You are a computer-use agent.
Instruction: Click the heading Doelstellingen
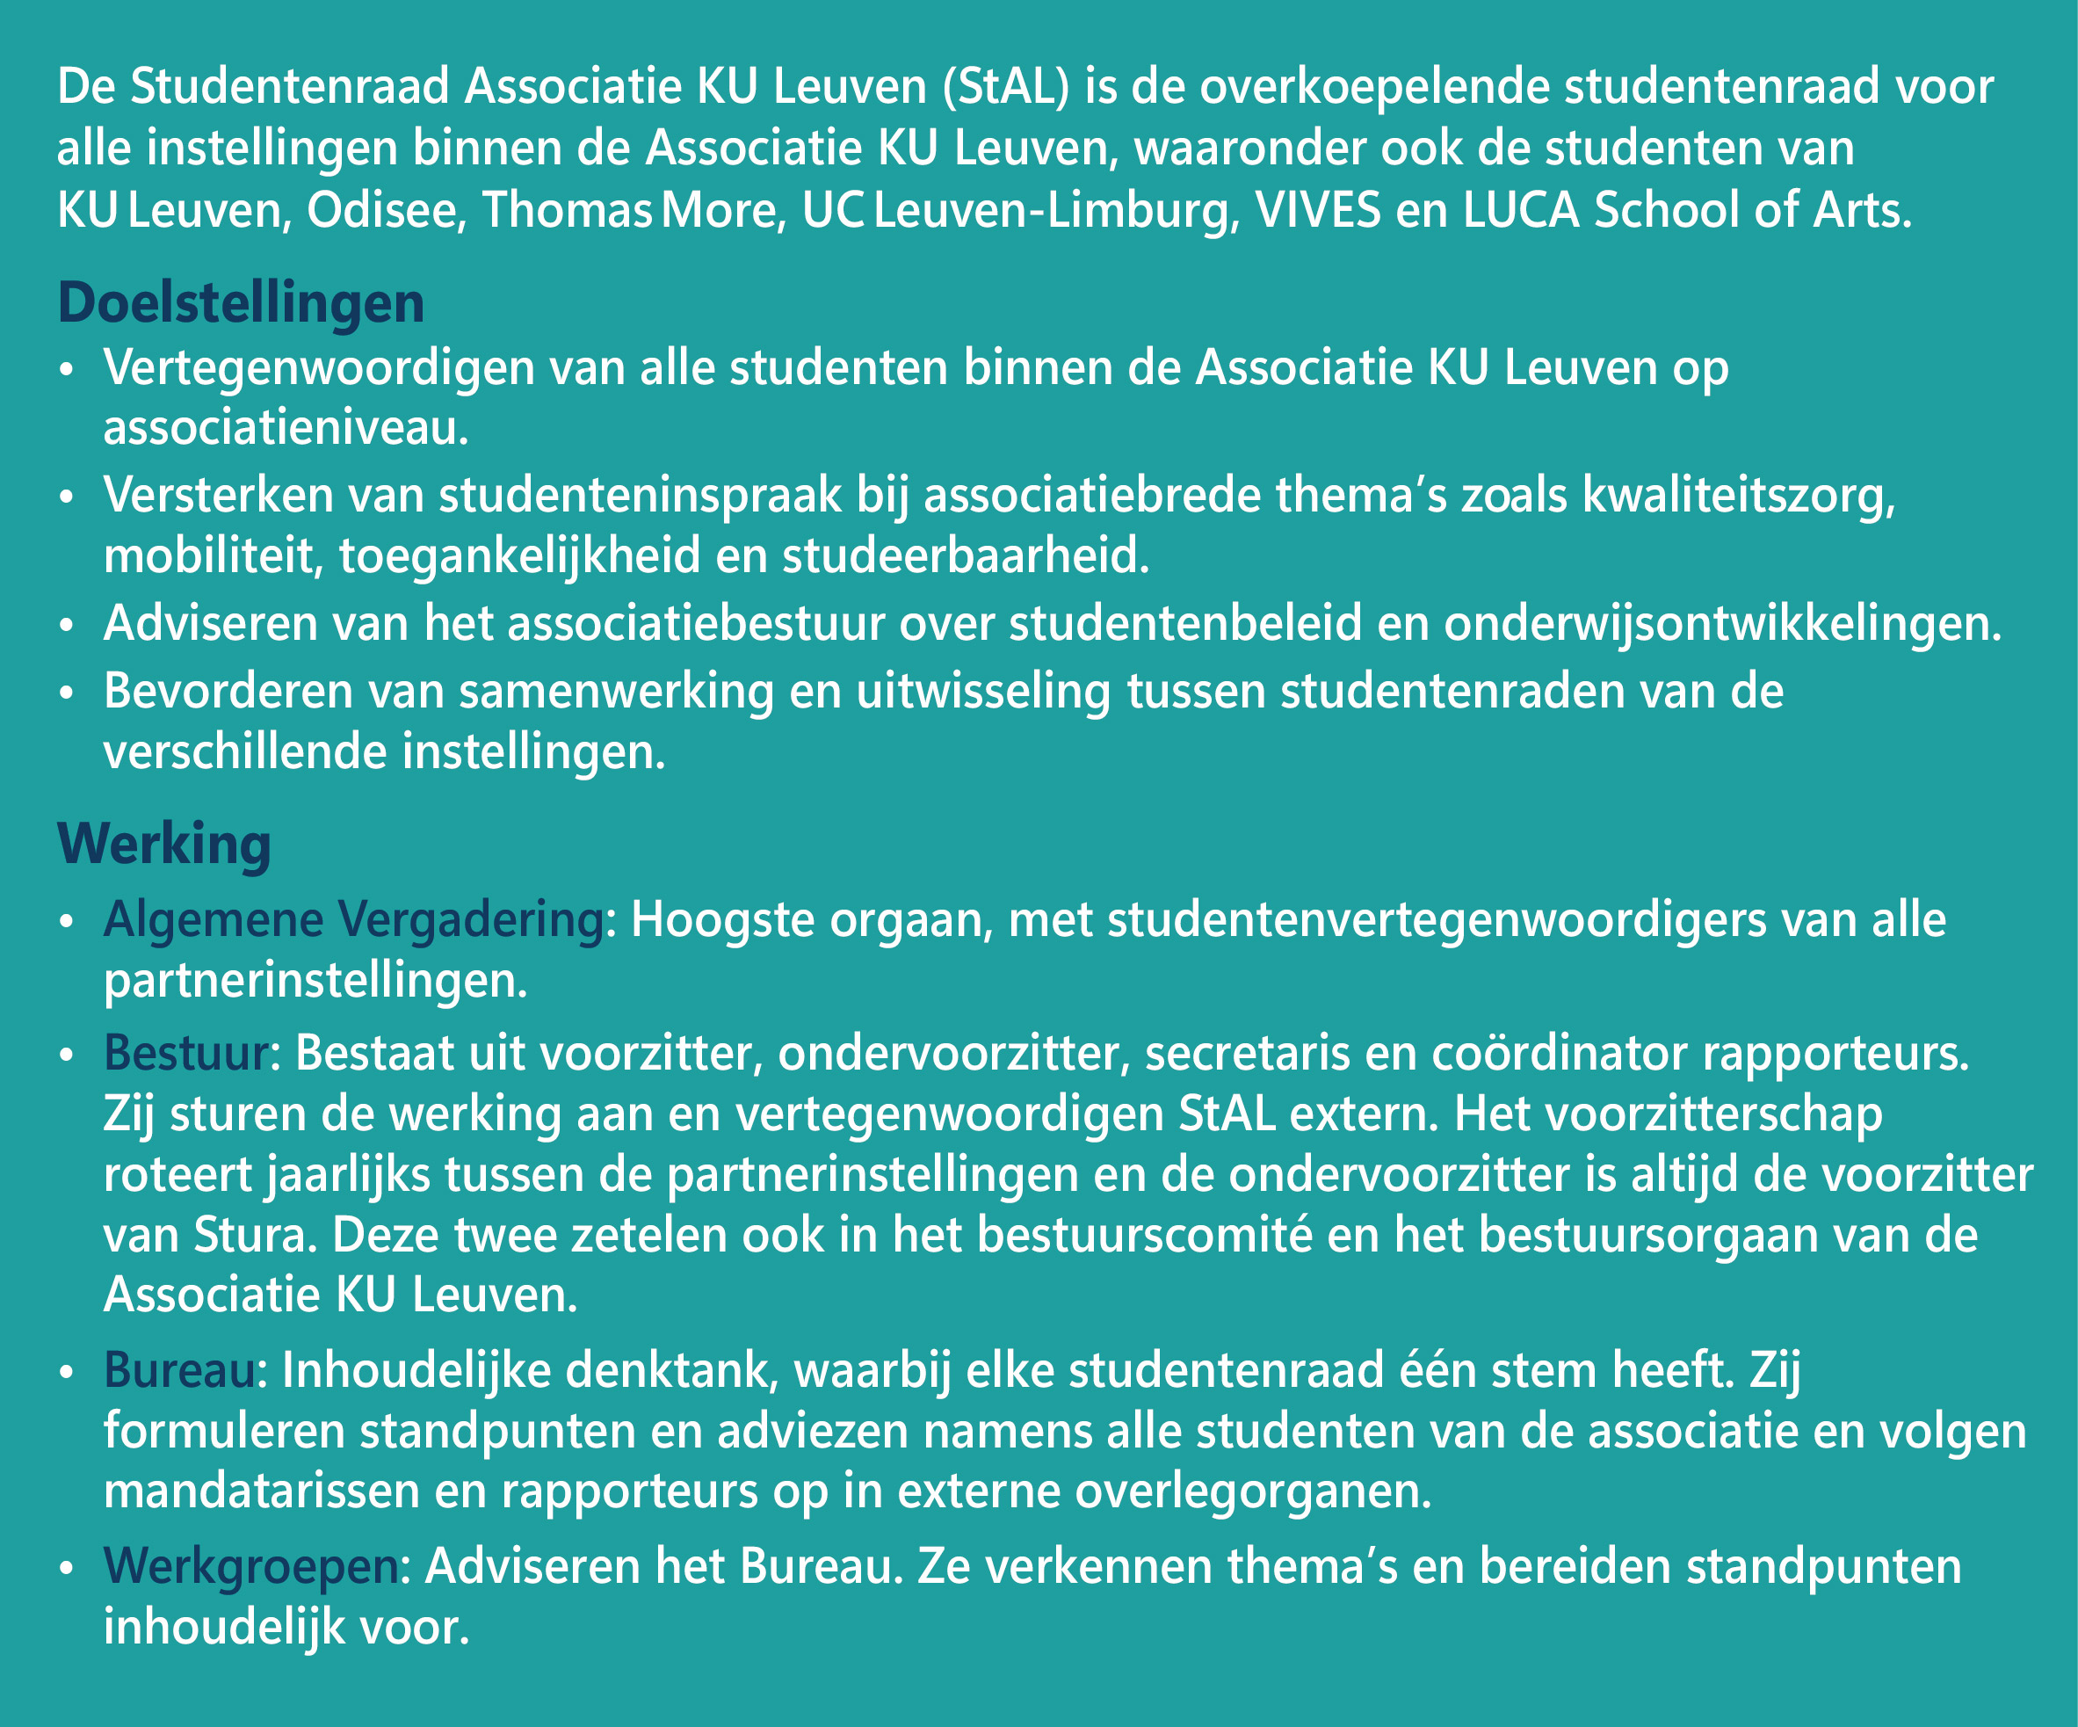tap(241, 303)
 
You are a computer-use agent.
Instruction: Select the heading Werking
tap(164, 845)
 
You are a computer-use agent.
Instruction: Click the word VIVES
tap(1317, 211)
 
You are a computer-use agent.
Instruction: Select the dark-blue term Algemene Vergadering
tap(353, 920)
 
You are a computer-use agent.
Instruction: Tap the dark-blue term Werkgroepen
tap(250, 1565)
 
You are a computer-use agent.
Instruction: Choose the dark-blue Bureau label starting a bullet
tap(179, 1369)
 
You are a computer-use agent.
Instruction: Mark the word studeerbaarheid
tap(966, 556)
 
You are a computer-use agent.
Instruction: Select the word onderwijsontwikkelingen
tap(1722, 625)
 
